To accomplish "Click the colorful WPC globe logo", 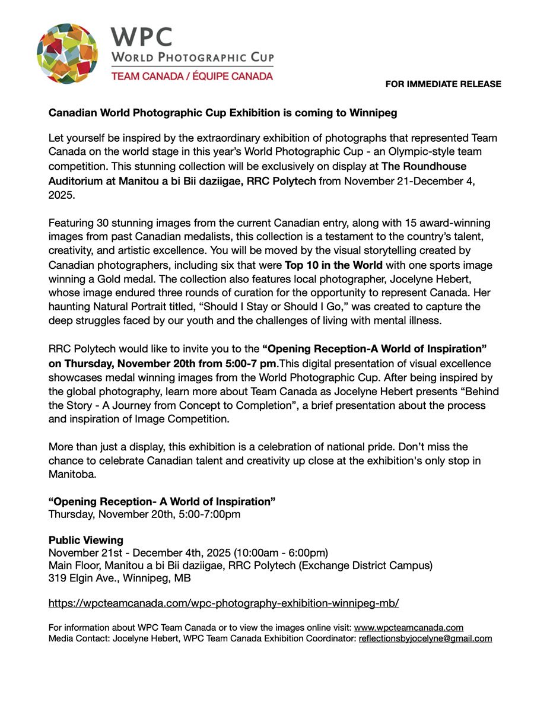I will [x=68, y=54].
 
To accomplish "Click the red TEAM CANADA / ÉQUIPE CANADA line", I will [x=192, y=77].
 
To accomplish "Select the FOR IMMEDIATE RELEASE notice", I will [x=443, y=84].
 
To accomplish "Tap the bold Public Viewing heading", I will [x=86, y=541].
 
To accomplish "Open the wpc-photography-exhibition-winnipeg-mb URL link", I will [x=223, y=603].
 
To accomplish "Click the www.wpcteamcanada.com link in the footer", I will [x=408, y=628].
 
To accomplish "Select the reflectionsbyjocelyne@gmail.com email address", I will [x=425, y=638].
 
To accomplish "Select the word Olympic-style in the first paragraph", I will [x=427, y=152].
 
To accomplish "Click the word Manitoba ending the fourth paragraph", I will [x=71, y=475].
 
